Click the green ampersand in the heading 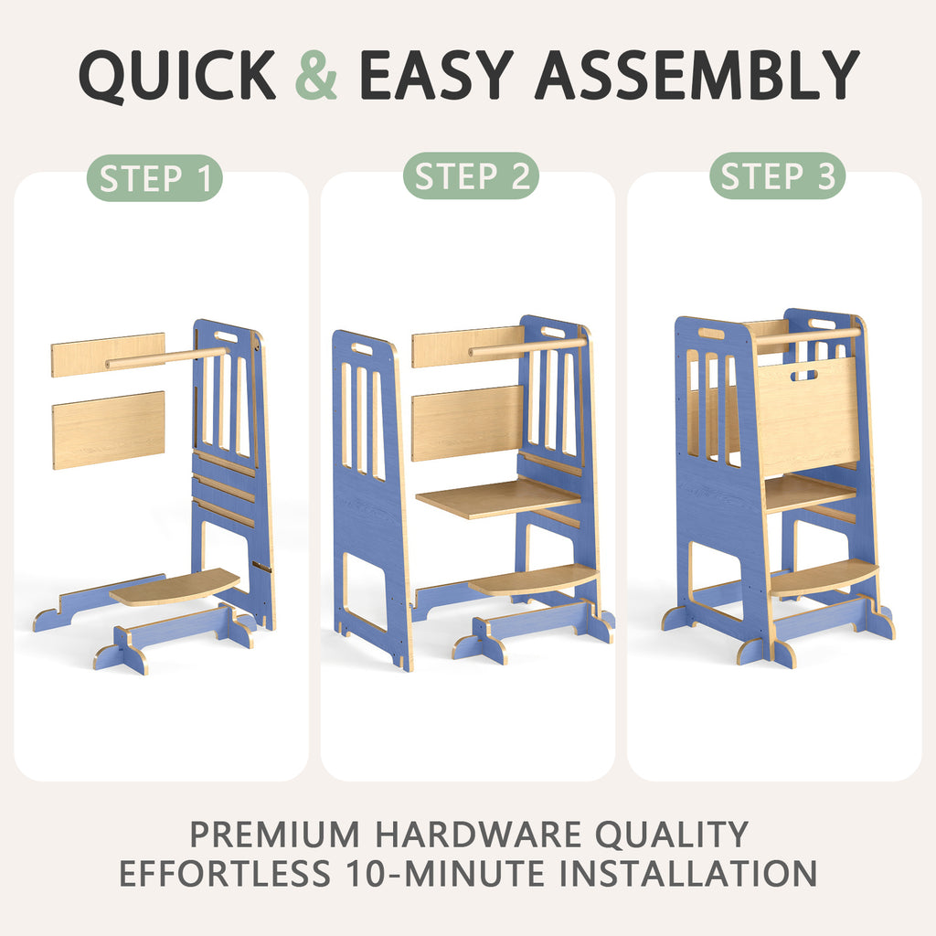pos(316,75)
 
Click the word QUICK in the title pos(177,77)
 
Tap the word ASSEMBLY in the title pos(697,75)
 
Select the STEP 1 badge pos(154,178)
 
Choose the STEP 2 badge pos(471,176)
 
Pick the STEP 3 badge pos(777,176)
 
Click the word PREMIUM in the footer pos(275,834)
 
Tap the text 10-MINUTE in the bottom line pos(446,873)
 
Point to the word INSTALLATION pos(688,873)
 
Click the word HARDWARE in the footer pos(477,834)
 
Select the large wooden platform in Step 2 pos(499,498)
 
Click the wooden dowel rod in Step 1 pos(166,357)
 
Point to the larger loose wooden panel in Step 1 pos(109,430)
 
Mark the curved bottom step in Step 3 pos(824,578)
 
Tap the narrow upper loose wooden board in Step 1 pos(108,356)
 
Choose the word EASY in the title pos(436,75)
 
